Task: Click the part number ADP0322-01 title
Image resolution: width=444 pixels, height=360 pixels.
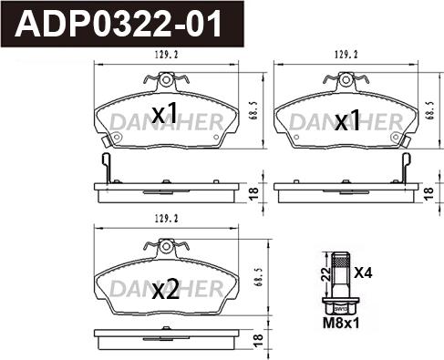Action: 119,24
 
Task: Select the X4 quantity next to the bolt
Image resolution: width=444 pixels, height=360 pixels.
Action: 363,273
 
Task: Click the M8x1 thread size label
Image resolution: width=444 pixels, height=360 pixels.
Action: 341,324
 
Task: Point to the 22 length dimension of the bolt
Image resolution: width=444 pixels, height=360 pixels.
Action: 326,274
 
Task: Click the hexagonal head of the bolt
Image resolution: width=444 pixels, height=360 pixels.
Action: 340,306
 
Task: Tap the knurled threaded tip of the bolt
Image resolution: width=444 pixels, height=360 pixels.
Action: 340,260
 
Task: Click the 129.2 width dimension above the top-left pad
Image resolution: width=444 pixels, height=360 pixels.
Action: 167,55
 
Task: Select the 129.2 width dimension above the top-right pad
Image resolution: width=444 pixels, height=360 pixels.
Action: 346,55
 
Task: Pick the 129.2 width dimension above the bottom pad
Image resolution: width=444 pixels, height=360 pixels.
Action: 167,219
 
